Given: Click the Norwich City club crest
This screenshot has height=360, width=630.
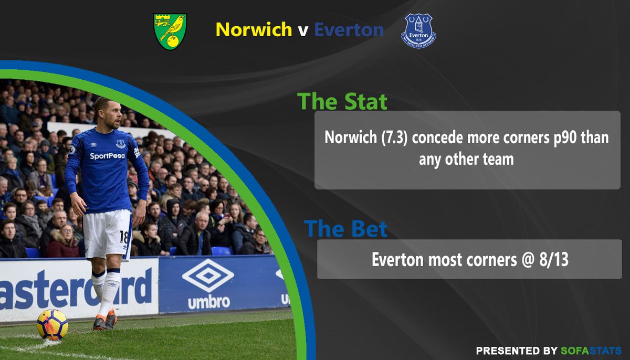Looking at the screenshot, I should [170, 31].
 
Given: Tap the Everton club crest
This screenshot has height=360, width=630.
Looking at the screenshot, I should [418, 31].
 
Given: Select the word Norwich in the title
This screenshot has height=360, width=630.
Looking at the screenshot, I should [254, 29].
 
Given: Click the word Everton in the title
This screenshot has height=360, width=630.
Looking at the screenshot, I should [349, 29].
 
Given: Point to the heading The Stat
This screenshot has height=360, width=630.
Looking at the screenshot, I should [342, 101].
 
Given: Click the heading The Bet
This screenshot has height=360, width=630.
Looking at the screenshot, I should [345, 229].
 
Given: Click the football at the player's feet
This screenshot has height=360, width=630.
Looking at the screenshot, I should [52, 324].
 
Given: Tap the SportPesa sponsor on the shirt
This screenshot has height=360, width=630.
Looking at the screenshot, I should [107, 156].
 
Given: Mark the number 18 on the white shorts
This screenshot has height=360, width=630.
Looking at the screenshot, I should [124, 237].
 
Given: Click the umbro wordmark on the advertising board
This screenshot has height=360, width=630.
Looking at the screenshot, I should [208, 302].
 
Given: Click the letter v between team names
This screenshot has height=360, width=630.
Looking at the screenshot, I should [303, 30].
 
